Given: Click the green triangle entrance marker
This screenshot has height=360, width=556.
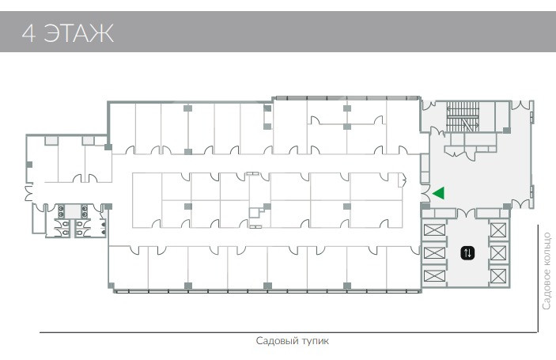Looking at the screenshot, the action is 440,193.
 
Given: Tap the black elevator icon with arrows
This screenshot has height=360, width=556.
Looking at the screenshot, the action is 467,253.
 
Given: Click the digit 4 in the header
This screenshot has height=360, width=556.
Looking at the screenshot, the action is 28,33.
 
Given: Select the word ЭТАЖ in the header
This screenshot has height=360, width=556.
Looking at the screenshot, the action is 78,33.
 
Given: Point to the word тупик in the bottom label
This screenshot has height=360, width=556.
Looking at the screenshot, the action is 315,341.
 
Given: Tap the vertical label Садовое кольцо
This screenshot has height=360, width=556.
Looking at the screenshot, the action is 547,271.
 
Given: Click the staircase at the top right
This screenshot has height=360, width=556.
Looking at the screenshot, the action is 463,116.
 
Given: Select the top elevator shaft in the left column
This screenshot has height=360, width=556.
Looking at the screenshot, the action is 434,229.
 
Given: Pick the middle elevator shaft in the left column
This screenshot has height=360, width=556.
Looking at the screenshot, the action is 434,253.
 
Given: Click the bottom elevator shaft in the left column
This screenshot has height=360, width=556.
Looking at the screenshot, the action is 434,275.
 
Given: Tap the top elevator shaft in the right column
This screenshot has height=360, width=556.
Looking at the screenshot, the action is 498,230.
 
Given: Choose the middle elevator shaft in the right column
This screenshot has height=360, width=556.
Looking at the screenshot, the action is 498,253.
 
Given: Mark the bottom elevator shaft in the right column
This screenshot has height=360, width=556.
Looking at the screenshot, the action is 498,276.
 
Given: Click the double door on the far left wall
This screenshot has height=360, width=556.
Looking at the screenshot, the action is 28,193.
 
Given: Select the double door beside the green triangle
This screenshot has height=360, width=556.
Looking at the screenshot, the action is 426,193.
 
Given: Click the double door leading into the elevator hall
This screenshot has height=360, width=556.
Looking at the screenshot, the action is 466,213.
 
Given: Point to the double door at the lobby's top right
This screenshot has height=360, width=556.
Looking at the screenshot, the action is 520,105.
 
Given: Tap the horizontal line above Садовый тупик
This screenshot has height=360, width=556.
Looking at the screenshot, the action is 289,332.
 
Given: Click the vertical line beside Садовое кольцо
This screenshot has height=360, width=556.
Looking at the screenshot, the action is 538,279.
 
